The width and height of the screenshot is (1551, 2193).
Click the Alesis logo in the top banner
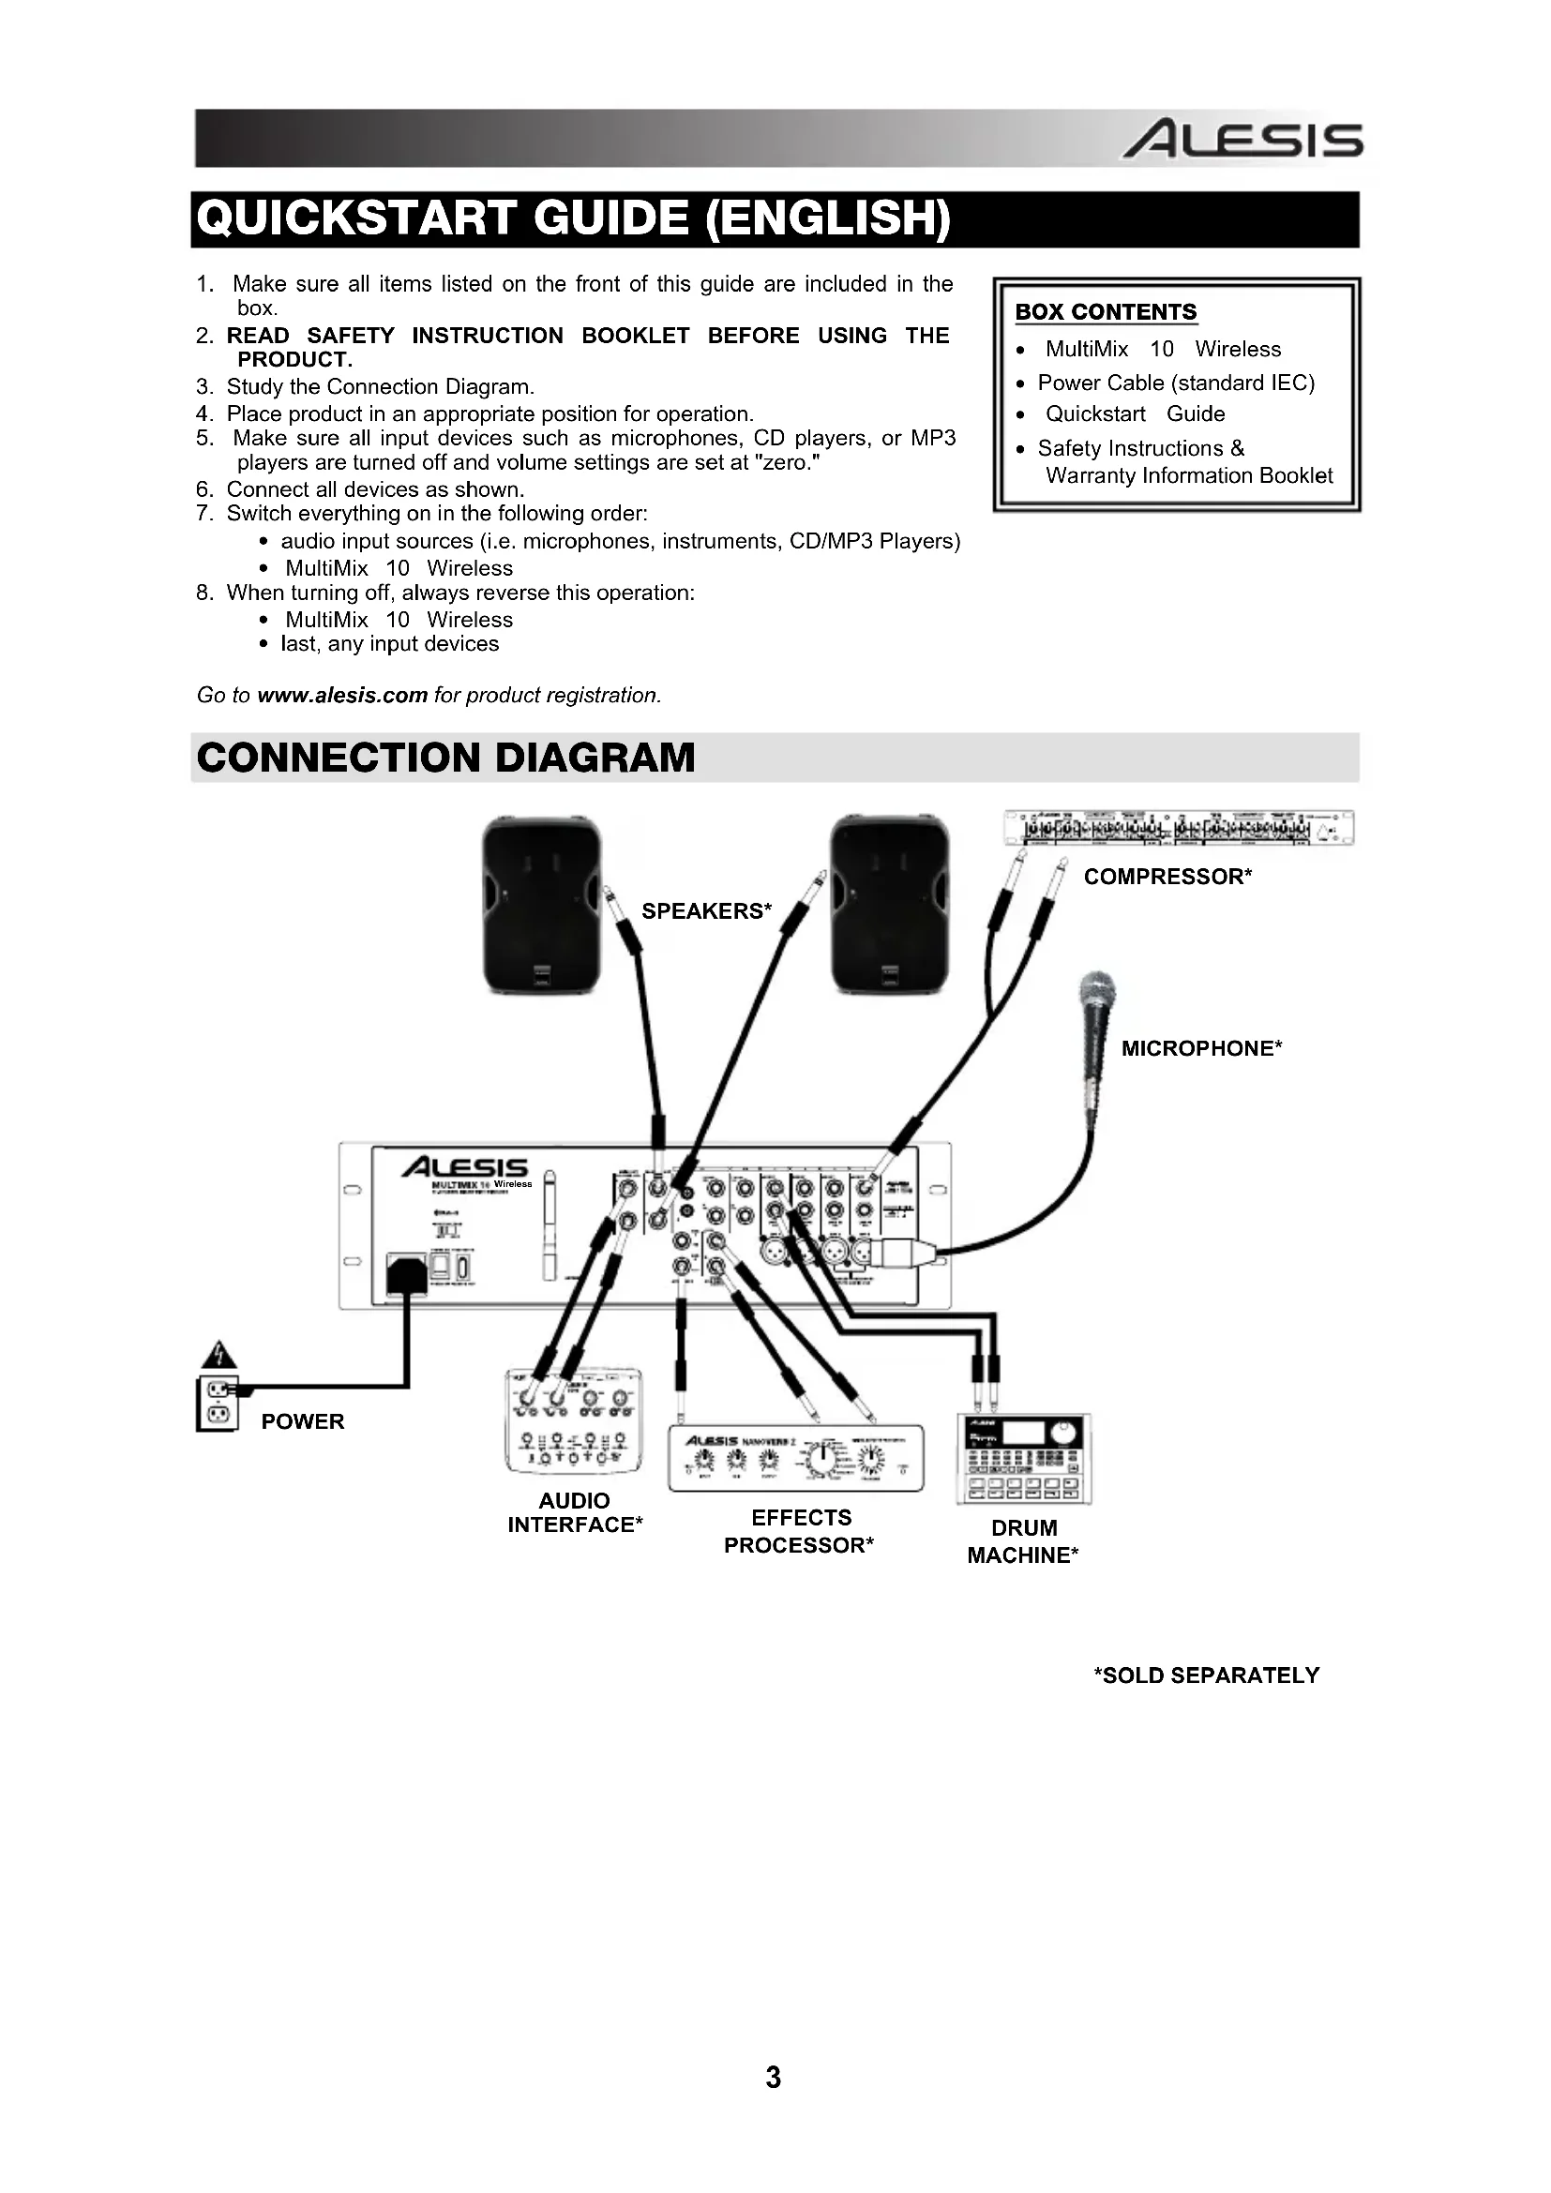pos(1242,141)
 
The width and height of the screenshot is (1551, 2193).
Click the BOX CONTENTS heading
pos(1105,312)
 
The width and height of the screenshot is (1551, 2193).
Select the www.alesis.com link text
pos(342,696)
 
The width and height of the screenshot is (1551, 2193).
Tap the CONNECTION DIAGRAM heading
pos(446,759)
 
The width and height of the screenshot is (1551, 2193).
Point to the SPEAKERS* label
pos(706,911)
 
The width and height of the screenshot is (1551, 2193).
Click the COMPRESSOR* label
pos(1167,877)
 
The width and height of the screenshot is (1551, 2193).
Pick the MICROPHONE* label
pos(1200,1049)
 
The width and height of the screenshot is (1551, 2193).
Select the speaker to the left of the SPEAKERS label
pos(541,905)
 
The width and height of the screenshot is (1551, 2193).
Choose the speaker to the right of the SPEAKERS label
pos(890,905)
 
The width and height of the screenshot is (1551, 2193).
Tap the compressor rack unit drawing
pos(1179,828)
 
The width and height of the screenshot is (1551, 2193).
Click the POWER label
pos(302,1421)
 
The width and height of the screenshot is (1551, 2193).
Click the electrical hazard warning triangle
pos(218,1356)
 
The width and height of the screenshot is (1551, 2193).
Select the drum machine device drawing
pos(1024,1459)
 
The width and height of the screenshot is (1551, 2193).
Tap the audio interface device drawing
pos(573,1420)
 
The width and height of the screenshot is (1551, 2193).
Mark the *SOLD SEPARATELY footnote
pos(1206,1675)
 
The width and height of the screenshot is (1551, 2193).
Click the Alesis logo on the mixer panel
pos(465,1168)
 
